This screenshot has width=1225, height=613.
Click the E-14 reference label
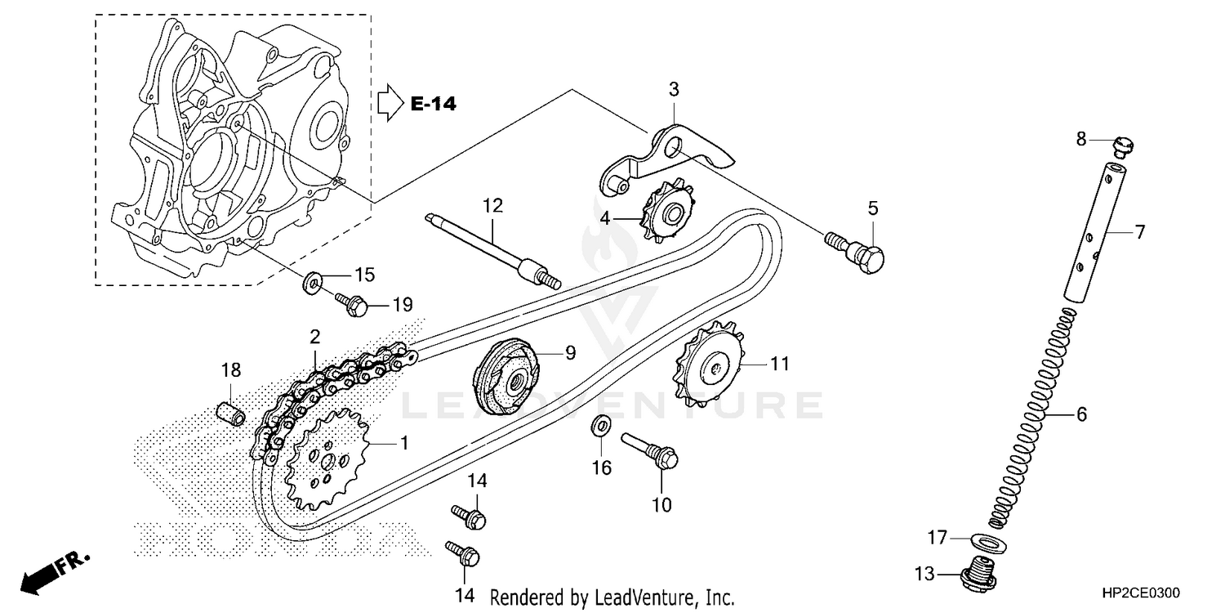(433, 104)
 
